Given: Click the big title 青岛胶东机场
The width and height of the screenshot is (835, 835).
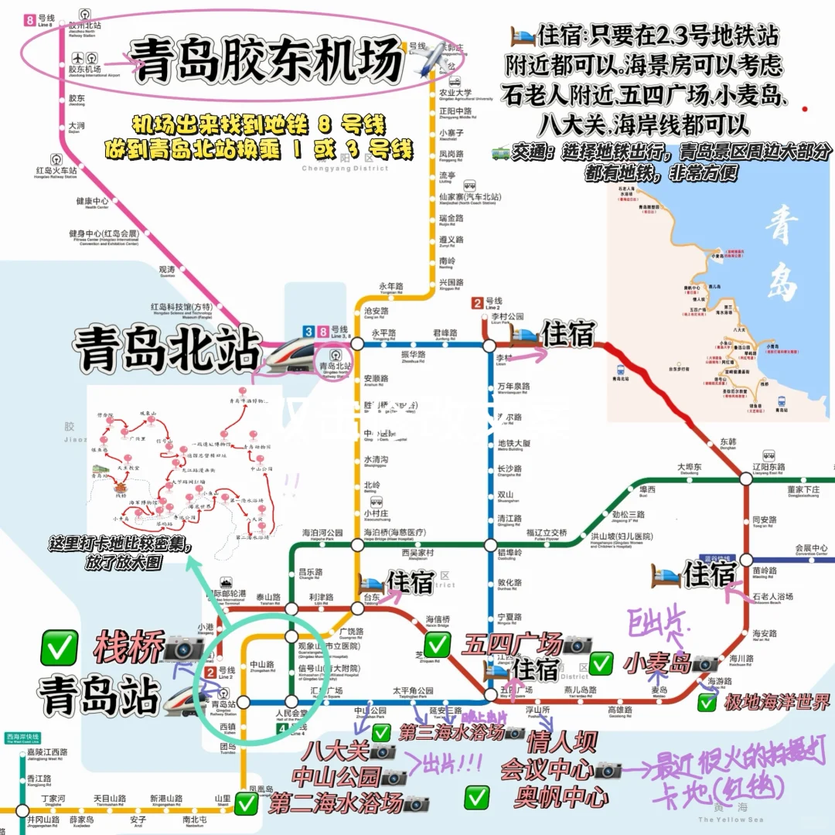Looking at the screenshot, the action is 267,59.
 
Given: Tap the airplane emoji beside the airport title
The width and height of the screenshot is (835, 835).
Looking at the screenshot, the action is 432,59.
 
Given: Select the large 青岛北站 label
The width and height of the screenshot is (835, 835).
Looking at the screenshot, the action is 166,351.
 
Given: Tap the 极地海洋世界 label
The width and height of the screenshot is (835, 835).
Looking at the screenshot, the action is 776,703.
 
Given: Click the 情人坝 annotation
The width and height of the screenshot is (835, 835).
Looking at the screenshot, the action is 561,743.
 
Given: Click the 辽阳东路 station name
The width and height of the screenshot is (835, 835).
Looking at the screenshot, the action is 769,467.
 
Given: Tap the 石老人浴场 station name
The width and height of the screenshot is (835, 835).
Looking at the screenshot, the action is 772,596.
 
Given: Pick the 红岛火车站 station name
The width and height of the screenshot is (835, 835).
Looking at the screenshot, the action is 56,170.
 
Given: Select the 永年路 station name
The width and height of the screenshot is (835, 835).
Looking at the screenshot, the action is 391,285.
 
